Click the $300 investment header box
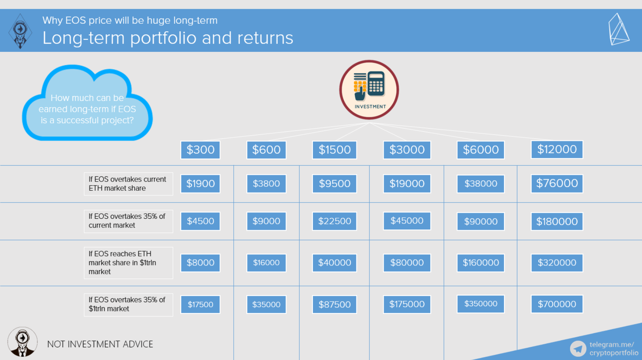click(x=200, y=150)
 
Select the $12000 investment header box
click(x=557, y=149)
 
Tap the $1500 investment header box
click(x=335, y=150)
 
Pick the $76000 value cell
click(x=557, y=184)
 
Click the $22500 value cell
click(x=335, y=221)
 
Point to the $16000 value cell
click(x=266, y=263)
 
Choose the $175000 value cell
click(x=407, y=304)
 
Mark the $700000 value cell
click(x=557, y=304)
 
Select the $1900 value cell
click(x=200, y=184)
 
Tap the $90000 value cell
click(x=481, y=221)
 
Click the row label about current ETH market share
click(x=129, y=184)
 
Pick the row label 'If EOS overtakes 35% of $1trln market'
click(x=129, y=304)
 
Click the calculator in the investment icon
click(x=376, y=83)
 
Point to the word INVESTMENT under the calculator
click(x=370, y=107)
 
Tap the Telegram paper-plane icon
click(x=578, y=349)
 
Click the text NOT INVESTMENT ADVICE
click(x=100, y=344)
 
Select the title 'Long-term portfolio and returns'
click(x=168, y=38)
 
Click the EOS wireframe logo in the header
click(x=619, y=29)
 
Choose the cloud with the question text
click(x=87, y=103)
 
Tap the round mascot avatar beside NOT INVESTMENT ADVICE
click(x=23, y=342)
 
